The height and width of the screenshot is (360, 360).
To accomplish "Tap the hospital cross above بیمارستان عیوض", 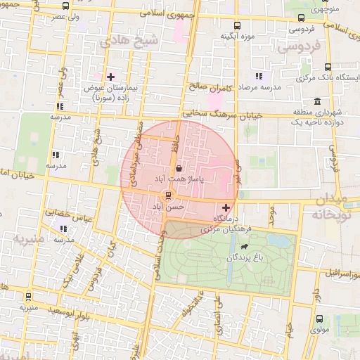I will coord(110,77).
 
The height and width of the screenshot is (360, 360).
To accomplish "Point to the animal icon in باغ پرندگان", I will coord(243,247).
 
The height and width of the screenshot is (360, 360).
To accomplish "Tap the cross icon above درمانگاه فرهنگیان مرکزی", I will coord(225,208).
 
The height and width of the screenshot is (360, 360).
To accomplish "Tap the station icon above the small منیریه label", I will coord(28,297).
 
